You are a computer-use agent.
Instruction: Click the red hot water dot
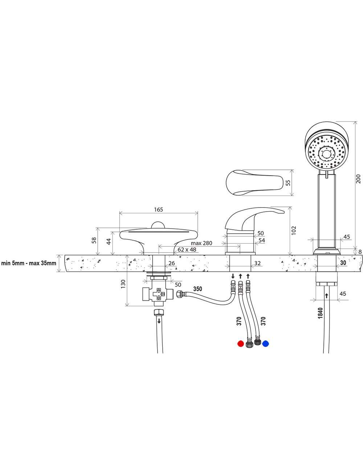[240, 343]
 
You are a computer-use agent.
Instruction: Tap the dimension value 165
[158, 209]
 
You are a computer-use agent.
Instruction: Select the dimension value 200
[358, 179]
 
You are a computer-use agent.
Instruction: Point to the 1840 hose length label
[320, 313]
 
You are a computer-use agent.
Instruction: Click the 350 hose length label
[197, 289]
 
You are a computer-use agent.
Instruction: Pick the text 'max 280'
[201, 243]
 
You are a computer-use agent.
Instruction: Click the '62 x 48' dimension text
[187, 250]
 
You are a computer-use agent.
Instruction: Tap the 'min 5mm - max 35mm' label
[29, 263]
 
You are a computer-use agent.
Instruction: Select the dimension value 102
[294, 230]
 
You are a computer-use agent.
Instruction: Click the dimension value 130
[123, 284]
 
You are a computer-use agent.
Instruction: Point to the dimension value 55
[288, 183]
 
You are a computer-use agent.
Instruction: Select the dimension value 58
[94, 240]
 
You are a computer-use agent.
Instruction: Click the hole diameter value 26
[171, 263]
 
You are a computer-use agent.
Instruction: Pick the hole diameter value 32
[257, 263]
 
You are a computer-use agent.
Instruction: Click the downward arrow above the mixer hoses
[233, 276]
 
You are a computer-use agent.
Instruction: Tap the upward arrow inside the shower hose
[326, 296]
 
